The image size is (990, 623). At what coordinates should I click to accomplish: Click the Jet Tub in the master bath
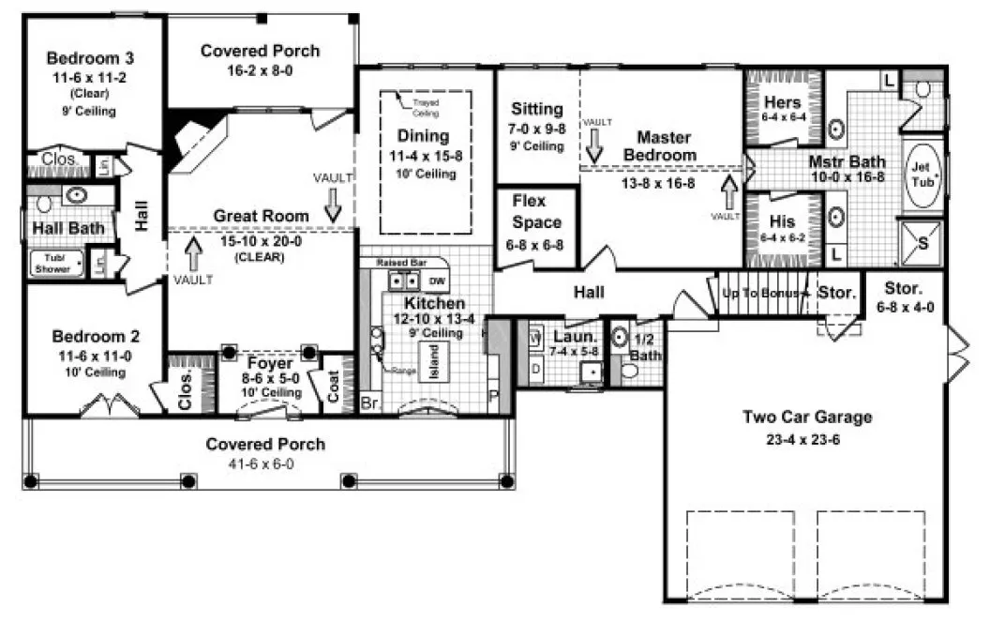coord(922,174)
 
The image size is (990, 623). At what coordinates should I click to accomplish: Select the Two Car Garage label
coord(807,417)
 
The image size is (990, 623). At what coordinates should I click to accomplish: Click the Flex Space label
coord(536,212)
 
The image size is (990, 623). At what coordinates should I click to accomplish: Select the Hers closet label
coord(781,102)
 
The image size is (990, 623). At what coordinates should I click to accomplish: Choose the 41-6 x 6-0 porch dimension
coord(265,463)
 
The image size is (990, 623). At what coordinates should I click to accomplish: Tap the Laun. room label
coord(570,336)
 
